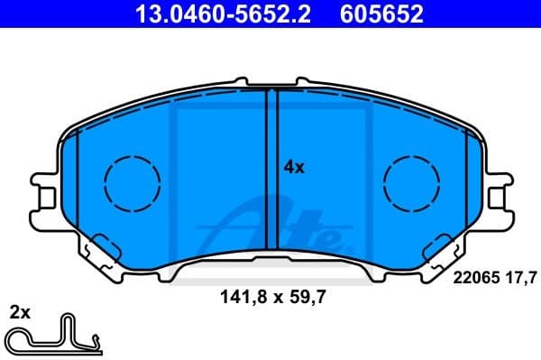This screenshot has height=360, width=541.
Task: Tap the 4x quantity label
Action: (294, 167)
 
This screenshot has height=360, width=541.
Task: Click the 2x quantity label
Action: (20, 313)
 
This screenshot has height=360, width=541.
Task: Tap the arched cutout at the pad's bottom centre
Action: (270, 262)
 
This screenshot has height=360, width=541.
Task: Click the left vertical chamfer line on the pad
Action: (79, 180)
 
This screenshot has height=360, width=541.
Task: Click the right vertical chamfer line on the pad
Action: (463, 180)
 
